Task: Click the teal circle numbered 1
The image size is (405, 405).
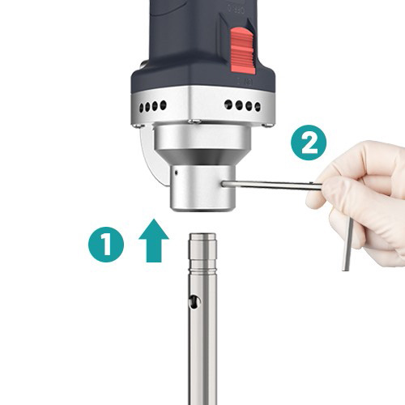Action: tap(106, 245)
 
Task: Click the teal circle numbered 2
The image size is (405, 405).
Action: tap(309, 143)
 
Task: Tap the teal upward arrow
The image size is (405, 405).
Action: tap(154, 241)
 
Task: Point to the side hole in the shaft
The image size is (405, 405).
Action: tap(194, 301)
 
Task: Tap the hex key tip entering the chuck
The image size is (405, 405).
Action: tap(224, 184)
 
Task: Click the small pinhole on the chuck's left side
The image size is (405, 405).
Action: tap(176, 172)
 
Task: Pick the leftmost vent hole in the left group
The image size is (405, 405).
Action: tap(142, 109)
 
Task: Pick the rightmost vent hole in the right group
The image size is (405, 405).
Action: tap(258, 107)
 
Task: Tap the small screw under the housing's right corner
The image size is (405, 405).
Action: tap(267, 125)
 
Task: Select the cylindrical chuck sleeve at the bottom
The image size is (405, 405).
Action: tap(202, 188)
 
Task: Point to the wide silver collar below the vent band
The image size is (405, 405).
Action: tap(202, 136)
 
